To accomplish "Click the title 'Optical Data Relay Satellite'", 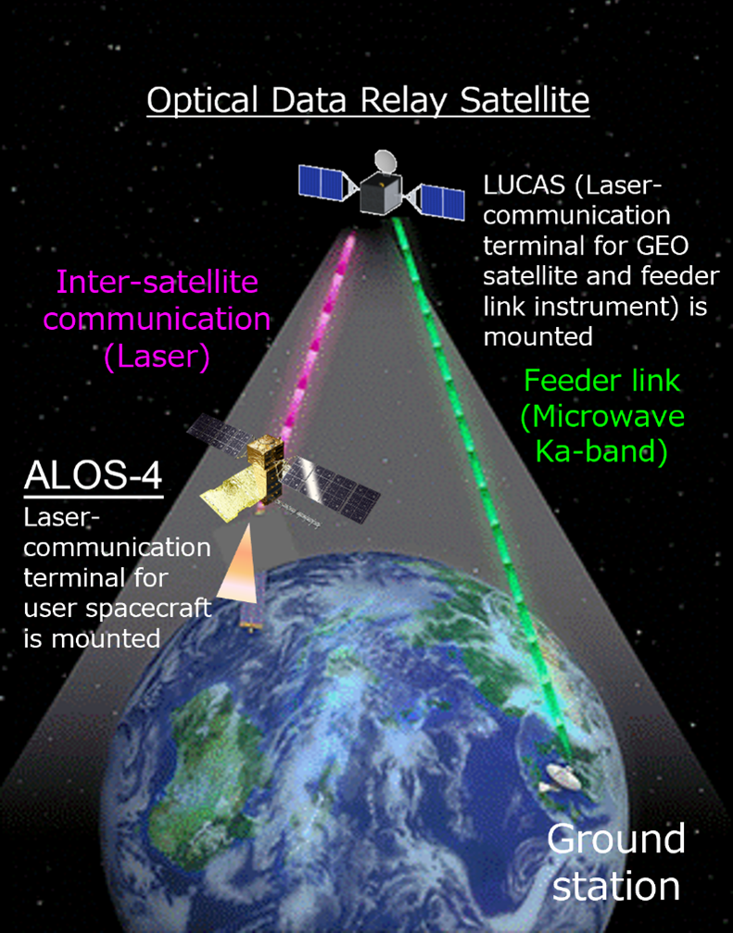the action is click(x=368, y=101).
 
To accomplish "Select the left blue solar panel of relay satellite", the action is click(x=321, y=183).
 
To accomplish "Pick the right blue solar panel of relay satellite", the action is click(x=442, y=202).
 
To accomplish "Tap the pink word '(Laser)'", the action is click(x=157, y=357).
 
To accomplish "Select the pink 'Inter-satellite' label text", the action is click(x=158, y=282).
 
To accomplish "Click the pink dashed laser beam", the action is click(x=317, y=340).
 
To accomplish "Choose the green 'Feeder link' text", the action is click(x=602, y=381).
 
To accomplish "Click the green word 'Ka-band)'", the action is click(x=601, y=451).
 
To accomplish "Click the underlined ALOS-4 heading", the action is click(x=94, y=476).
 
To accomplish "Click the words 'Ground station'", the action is click(x=616, y=863).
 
